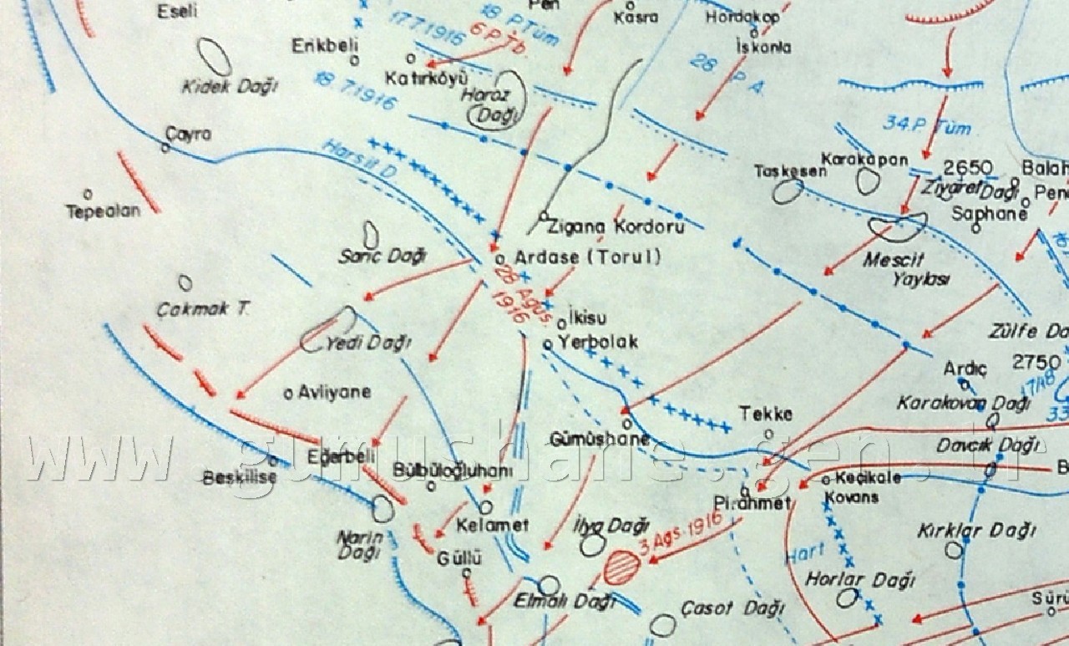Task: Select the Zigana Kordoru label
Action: [x=616, y=226]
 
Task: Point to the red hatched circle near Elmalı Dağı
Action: [x=621, y=569]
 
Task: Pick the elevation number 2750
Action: [x=1036, y=363]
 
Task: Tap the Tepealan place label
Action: [x=104, y=211]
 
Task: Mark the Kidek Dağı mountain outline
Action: [x=217, y=57]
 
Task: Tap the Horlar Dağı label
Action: [x=860, y=579]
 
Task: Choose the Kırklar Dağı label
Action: [x=975, y=530]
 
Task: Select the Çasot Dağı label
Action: [x=732, y=608]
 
